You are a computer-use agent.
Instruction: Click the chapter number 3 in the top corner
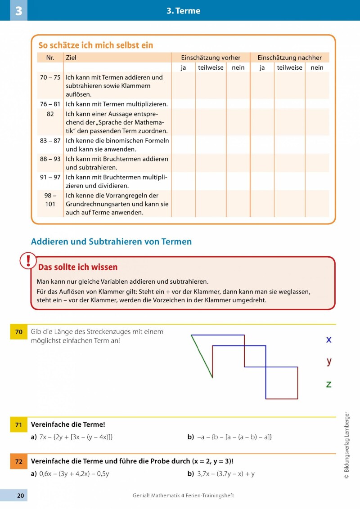tap(18, 11)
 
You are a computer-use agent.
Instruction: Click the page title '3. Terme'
tap(183, 11)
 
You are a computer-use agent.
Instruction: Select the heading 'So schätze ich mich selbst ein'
tap(95, 45)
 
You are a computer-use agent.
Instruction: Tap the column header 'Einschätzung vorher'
tap(211, 58)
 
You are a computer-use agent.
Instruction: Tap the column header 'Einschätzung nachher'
tap(289, 58)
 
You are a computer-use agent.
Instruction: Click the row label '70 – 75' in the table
tap(50, 77)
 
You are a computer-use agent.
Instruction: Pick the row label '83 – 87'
tap(50, 140)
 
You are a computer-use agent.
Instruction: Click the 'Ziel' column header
tap(71, 58)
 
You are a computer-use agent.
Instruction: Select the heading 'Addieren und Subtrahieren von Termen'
tap(111, 242)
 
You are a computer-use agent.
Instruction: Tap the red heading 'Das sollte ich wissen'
tap(78, 267)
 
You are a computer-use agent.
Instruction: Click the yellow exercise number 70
tap(19, 332)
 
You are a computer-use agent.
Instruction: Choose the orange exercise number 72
tap(19, 461)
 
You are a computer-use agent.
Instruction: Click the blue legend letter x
tap(329, 339)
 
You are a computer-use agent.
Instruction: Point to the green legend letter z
tap(329, 384)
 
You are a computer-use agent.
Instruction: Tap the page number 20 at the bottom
tap(20, 496)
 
